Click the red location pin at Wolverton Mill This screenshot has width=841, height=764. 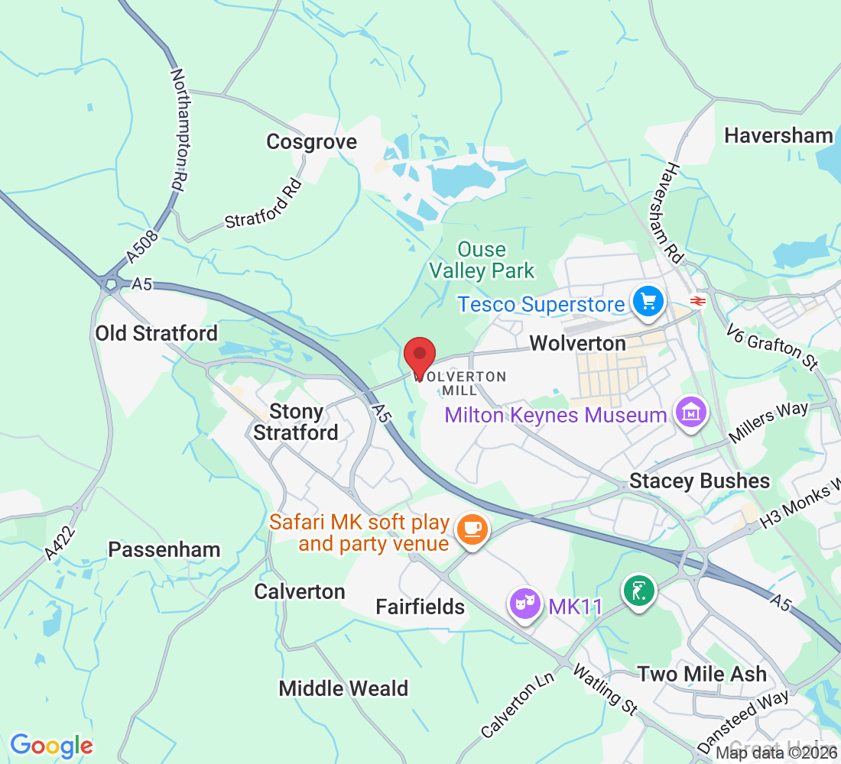[x=419, y=355]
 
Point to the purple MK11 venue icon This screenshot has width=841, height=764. [x=524, y=605]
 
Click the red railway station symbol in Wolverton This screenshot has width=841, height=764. [x=697, y=301]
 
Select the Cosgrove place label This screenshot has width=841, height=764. [x=311, y=142]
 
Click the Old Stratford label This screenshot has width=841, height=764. [x=156, y=333]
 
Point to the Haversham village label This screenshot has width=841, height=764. [x=778, y=136]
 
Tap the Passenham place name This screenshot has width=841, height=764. [x=164, y=550]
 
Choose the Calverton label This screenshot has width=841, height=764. [x=300, y=591]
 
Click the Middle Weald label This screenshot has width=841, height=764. [x=343, y=688]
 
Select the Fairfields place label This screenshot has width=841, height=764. [x=420, y=607]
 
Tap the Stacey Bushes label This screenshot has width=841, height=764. [x=700, y=481]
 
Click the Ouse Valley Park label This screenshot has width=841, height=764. [x=482, y=260]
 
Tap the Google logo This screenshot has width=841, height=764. [x=51, y=745]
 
